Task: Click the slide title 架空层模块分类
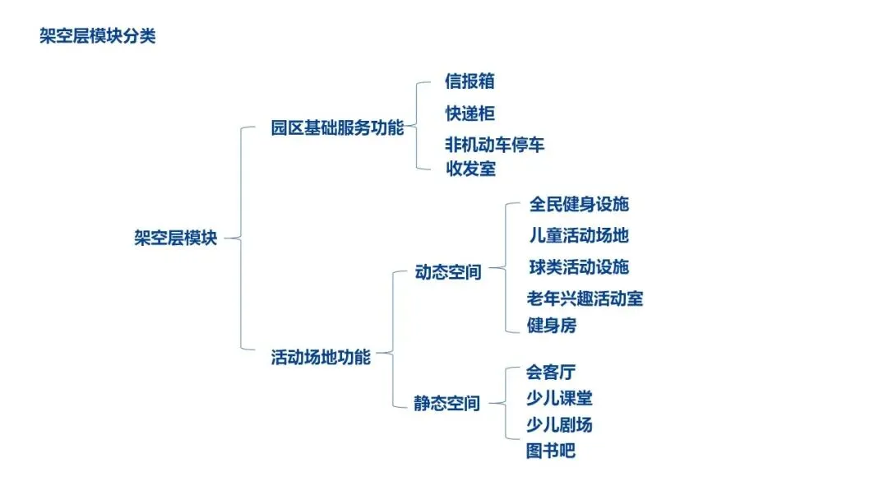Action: coord(97,37)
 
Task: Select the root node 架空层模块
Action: coord(175,238)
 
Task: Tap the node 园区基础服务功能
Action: coord(337,128)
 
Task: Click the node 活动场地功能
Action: coord(321,357)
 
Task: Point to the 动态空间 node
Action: coord(448,272)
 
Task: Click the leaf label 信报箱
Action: coord(469,81)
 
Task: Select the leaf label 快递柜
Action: coord(469,113)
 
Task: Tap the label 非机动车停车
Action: coord(494,145)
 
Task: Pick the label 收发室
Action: coord(469,169)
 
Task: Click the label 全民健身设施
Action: coord(579,204)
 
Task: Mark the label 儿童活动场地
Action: coord(579,235)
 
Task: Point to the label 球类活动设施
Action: coord(579,267)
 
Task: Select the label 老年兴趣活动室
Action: coord(585,299)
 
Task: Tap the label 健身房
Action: coord(551,326)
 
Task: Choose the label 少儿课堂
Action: coord(559,399)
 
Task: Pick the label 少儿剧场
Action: coord(559,425)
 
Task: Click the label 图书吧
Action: coord(551,451)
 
